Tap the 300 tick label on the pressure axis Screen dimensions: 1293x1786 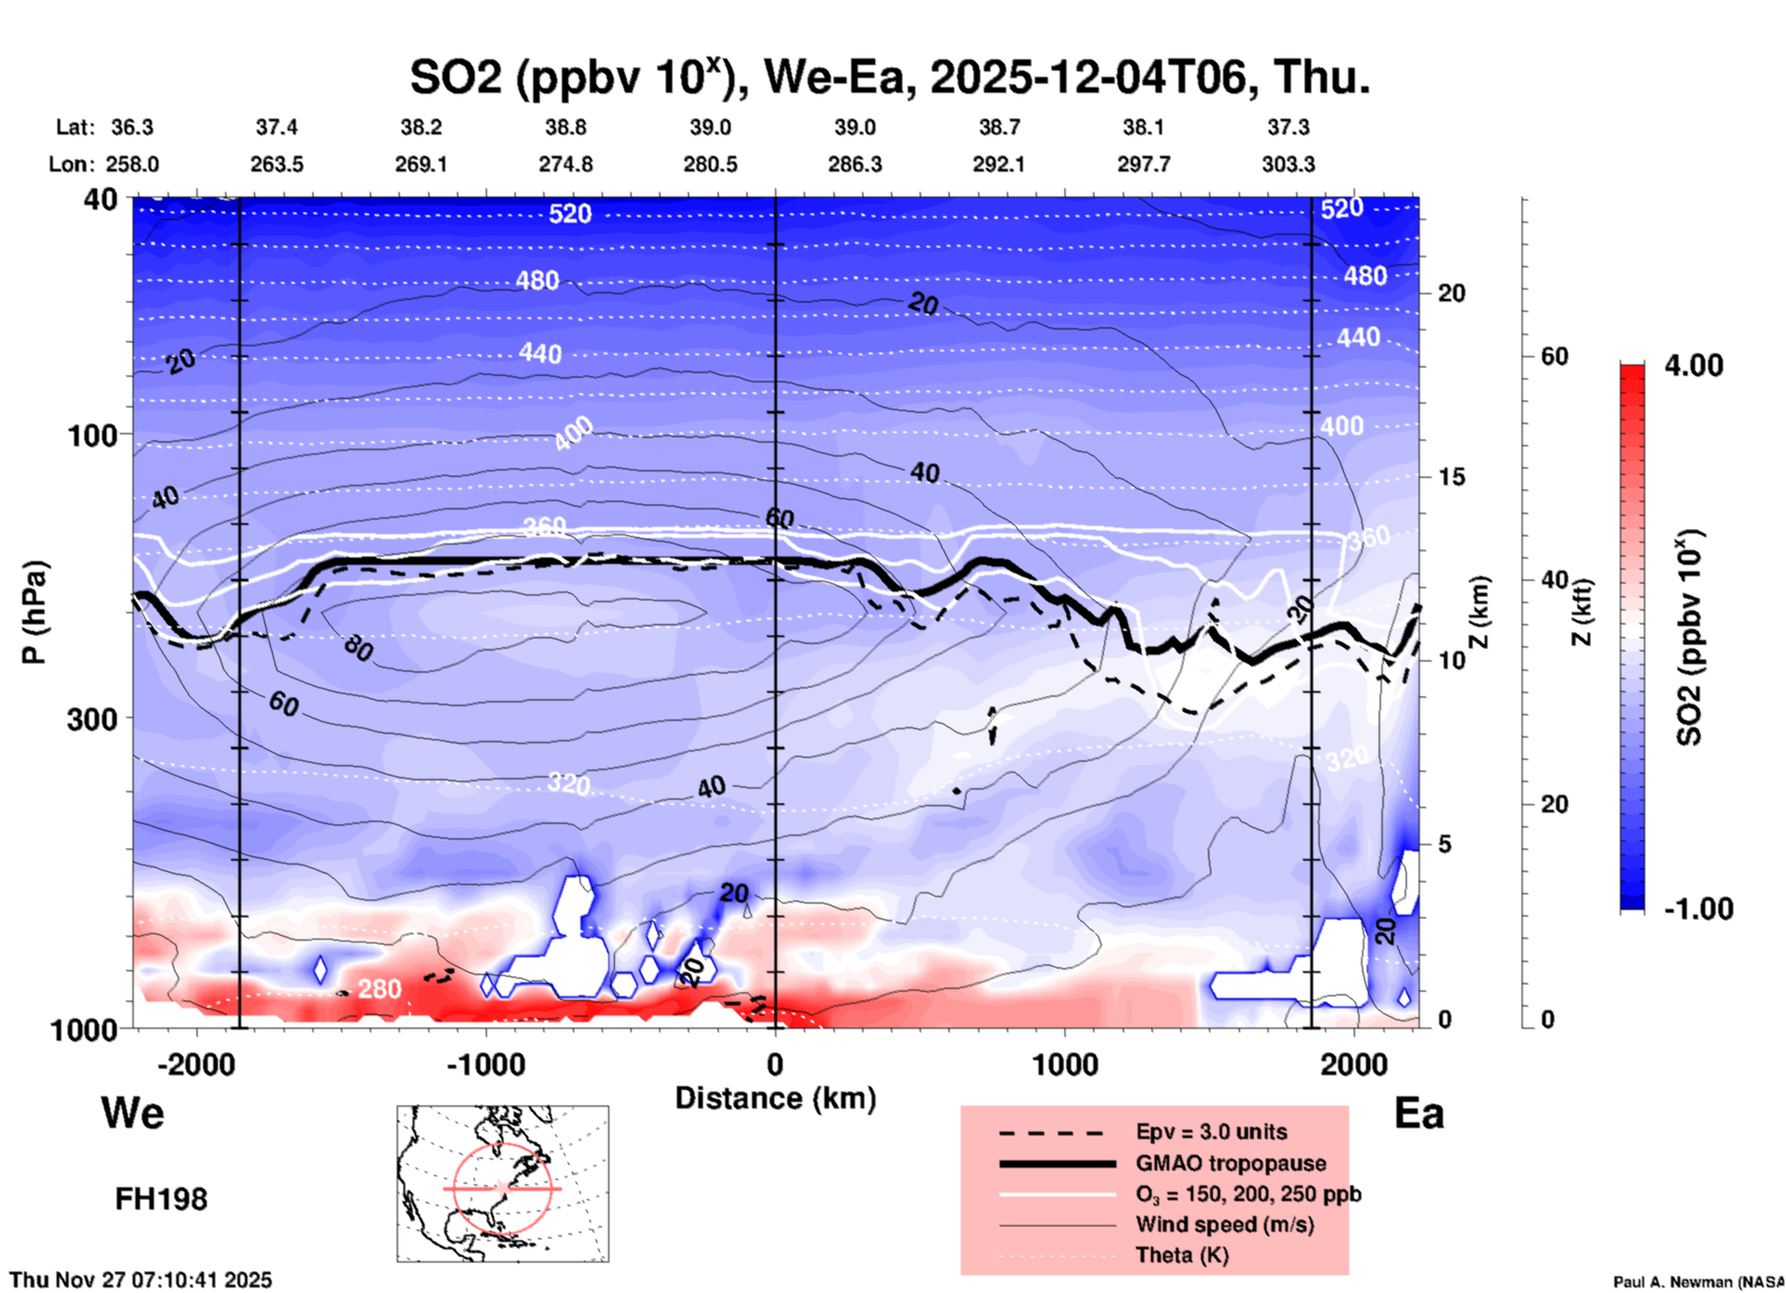93,719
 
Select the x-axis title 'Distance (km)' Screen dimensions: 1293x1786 775,1098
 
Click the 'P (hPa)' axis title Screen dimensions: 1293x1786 33,612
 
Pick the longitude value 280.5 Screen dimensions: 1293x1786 710,164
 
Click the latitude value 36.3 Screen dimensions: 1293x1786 132,127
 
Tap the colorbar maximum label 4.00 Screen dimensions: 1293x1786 1693,365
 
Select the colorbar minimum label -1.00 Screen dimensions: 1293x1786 1697,909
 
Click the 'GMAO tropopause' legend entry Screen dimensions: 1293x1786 1231,1163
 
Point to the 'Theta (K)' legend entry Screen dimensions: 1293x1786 1181,1255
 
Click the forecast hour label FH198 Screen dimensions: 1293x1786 160,1199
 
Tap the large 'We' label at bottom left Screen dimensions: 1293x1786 133,1112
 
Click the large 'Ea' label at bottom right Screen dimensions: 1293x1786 1418,1113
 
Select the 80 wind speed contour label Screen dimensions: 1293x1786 358,648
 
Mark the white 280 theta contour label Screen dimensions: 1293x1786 379,989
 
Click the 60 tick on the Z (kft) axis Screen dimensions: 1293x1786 1554,356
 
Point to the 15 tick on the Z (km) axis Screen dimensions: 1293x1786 1451,477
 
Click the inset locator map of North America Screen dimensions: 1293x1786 503,1183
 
